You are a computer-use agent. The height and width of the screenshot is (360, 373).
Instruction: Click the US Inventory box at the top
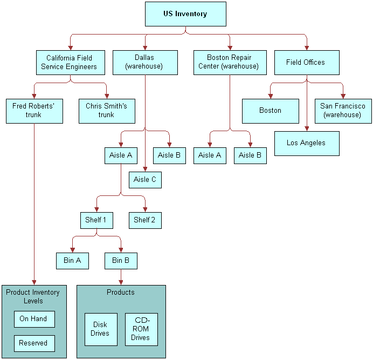(185, 14)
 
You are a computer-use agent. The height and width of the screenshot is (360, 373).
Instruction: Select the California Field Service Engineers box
(69, 63)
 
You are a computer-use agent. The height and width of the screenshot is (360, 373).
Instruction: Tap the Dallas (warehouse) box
(145, 63)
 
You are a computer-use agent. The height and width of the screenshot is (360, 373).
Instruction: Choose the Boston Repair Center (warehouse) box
(230, 63)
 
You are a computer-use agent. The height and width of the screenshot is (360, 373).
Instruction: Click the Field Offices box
(306, 63)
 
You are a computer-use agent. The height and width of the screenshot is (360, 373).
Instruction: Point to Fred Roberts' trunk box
(34, 111)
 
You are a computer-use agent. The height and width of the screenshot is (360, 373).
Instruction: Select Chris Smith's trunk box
(106, 111)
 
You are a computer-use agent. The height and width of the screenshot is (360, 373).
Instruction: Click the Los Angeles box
(306, 143)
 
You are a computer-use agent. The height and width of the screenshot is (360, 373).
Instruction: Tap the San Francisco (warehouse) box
(343, 111)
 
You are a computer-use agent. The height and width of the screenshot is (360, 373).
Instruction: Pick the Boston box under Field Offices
(270, 111)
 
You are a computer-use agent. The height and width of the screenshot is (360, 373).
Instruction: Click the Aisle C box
(145, 180)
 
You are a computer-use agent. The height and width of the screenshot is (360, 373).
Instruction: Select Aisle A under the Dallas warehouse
(120, 155)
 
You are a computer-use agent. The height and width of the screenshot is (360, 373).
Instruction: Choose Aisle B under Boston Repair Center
(250, 155)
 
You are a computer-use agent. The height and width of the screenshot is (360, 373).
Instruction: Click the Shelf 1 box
(96, 220)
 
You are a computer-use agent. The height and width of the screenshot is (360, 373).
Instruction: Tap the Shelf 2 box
(145, 220)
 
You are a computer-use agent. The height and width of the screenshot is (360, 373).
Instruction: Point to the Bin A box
(72, 261)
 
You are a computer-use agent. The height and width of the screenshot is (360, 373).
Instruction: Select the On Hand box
(33, 319)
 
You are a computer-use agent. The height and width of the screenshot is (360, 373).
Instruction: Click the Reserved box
(33, 343)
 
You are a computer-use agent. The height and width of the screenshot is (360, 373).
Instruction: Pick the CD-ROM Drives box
(141, 329)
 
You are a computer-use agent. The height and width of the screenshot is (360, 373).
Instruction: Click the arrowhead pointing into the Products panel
(121, 281)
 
